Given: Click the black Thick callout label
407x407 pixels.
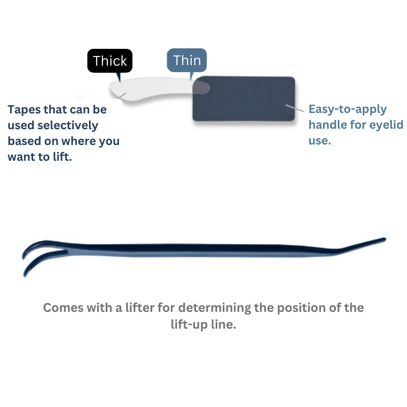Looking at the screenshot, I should [x=110, y=62].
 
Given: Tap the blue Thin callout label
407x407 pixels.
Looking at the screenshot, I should [x=187, y=61].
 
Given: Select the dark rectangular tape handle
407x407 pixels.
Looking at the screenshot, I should [x=244, y=99].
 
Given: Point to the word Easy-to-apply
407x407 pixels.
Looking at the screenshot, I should [x=347, y=109].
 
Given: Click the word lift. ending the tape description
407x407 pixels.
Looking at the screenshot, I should [x=61, y=157].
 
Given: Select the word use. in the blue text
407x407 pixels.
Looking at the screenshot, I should [x=319, y=141].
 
